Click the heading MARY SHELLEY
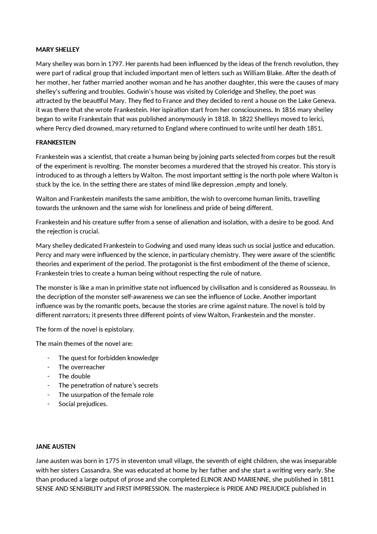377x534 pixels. [57, 50]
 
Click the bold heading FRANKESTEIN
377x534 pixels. [56, 142]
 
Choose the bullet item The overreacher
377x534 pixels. [82, 367]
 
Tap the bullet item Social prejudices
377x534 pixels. [83, 404]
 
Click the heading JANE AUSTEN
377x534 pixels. [55, 446]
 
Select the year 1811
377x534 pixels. [327, 479]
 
